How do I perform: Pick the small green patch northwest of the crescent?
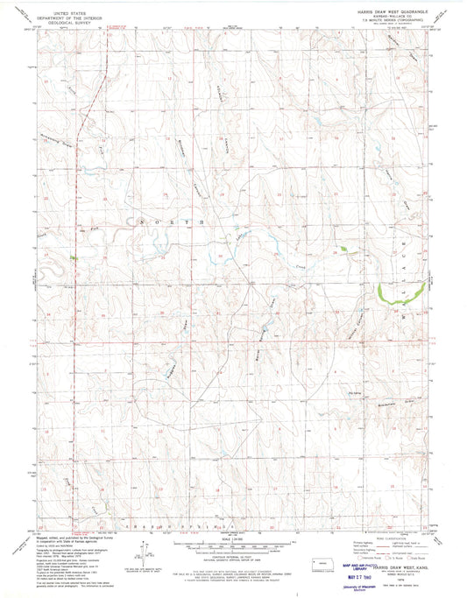(350, 250)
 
